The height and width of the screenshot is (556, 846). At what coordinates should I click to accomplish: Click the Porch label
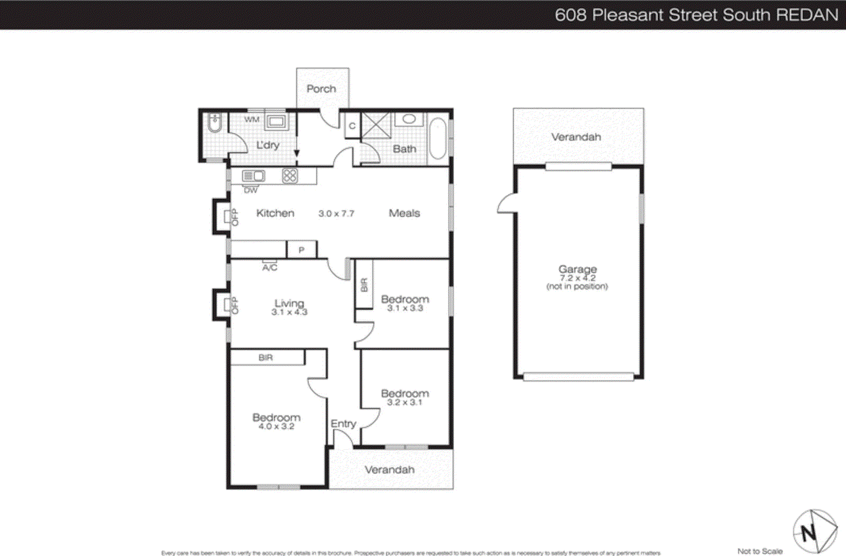(321, 89)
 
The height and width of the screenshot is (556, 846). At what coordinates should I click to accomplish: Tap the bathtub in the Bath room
(437, 138)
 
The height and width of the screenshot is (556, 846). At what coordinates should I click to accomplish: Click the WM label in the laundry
(252, 119)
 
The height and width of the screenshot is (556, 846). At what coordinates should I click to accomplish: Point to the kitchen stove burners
(290, 175)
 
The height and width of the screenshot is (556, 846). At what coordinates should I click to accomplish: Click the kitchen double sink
(253, 175)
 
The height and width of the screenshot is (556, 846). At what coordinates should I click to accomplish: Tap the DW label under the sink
(251, 190)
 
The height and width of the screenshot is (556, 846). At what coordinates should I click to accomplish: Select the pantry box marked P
(301, 249)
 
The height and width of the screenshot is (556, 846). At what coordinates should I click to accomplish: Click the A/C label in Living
(270, 268)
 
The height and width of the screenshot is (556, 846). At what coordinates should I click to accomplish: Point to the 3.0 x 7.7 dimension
(336, 214)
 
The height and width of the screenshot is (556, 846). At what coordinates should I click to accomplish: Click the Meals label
(404, 213)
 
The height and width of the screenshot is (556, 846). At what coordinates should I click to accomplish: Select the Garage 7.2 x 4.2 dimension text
(577, 278)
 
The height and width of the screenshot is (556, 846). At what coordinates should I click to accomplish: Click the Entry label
(343, 424)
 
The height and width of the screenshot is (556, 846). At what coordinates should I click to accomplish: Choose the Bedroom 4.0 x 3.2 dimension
(276, 427)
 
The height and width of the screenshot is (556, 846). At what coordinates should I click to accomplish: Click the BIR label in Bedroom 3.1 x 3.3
(364, 285)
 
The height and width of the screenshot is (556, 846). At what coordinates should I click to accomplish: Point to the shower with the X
(376, 126)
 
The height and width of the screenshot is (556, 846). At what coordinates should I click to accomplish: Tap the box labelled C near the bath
(352, 126)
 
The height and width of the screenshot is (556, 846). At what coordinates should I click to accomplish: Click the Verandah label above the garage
(576, 137)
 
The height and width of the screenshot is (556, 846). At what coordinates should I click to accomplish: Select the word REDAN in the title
(807, 15)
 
